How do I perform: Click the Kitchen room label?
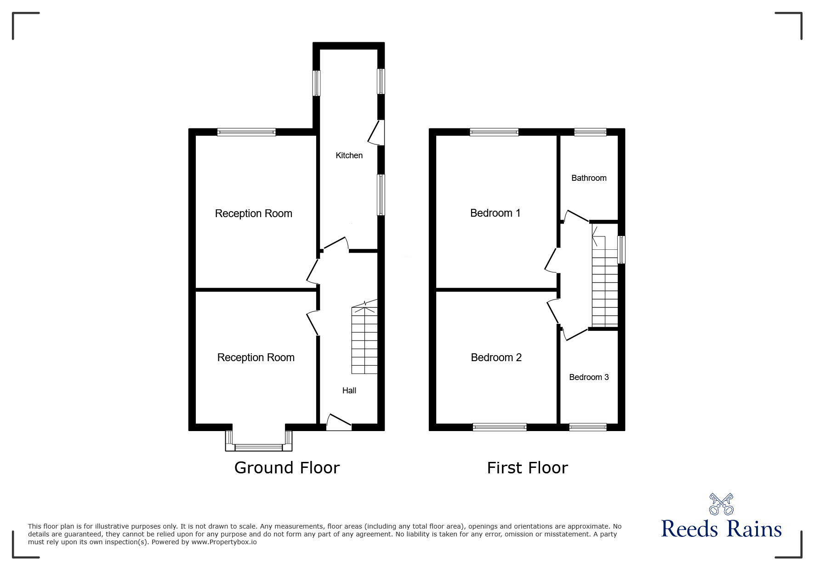[x=349, y=155]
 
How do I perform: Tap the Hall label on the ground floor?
[x=349, y=391]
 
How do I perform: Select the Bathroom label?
[x=588, y=178]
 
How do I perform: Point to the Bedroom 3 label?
[x=588, y=377]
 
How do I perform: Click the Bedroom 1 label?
[x=495, y=213]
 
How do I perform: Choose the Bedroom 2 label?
[x=496, y=357]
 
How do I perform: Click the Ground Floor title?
[x=287, y=468]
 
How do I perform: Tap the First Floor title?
[x=527, y=468]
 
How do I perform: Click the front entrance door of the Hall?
[x=339, y=423]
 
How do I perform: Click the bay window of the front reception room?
[x=259, y=447]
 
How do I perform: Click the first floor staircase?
[x=604, y=285]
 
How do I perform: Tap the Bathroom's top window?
[x=590, y=132]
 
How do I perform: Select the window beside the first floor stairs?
[x=621, y=249]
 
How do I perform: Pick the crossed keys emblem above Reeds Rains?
[x=721, y=504]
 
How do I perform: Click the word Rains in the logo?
[x=755, y=529]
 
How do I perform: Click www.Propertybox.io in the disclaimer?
[x=224, y=542]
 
